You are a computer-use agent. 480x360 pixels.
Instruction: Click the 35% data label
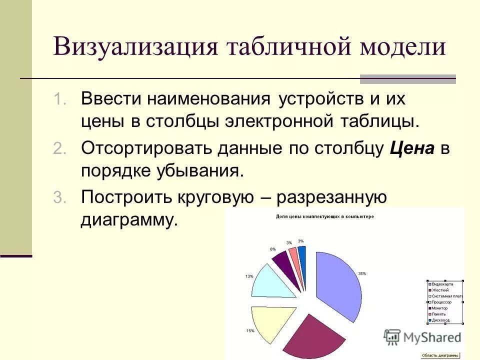pos(362,273)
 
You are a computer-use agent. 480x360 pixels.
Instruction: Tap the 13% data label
pos(249,276)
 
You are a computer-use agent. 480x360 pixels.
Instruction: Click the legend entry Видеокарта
pos(442,284)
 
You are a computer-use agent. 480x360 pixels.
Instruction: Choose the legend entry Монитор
pos(440,308)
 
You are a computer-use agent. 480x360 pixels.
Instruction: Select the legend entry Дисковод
pos(440,320)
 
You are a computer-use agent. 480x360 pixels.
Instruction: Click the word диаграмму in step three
pos(129,220)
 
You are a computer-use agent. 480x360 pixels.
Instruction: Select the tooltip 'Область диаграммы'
pos(440,355)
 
